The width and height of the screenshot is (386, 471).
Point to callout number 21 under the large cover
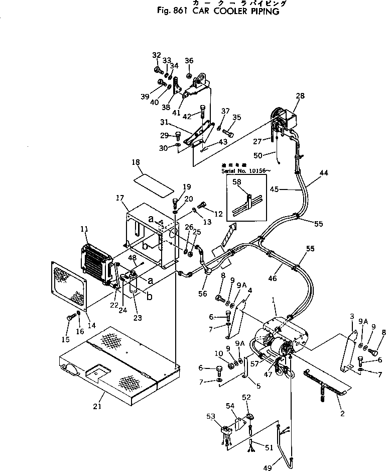pos(98,406)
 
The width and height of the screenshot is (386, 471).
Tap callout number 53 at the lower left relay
pos(211,416)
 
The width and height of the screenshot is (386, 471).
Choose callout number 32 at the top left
pos(156,55)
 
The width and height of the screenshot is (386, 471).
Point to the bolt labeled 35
pos(229,133)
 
